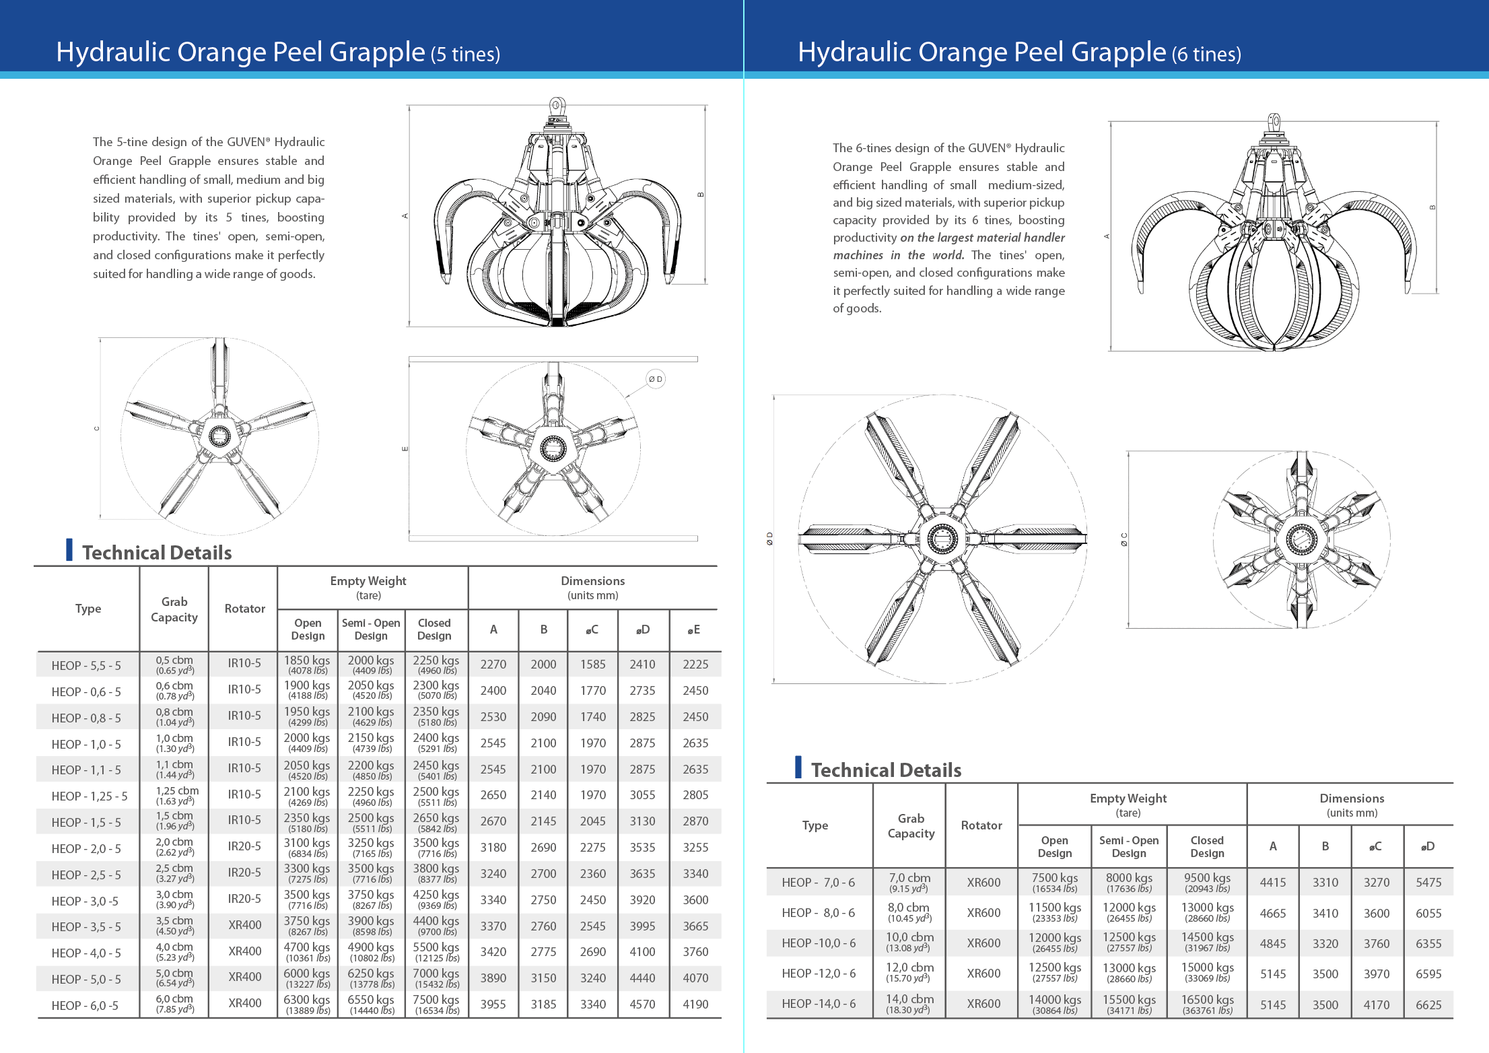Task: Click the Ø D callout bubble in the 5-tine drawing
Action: [655, 379]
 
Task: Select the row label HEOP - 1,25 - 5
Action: [89, 796]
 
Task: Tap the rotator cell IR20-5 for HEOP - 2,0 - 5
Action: [244, 846]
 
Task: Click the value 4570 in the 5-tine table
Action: [642, 1004]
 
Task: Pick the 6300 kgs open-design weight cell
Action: [307, 1004]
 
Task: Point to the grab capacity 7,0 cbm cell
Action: [909, 882]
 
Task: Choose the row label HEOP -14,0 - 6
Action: [819, 1003]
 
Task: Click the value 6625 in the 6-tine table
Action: [1428, 1005]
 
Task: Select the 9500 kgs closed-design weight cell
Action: [1207, 882]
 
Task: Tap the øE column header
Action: [694, 630]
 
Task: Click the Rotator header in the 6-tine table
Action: [981, 825]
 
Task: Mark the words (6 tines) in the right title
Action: [1206, 54]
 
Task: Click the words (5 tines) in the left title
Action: [465, 54]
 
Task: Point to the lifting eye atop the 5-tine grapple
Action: [556, 106]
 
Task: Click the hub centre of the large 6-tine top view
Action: [942, 538]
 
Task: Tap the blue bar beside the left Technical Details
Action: [69, 549]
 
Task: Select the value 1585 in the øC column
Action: [592, 664]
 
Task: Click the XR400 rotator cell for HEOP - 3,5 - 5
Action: [244, 925]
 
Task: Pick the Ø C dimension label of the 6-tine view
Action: [1123, 539]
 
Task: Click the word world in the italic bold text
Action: [947, 255]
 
